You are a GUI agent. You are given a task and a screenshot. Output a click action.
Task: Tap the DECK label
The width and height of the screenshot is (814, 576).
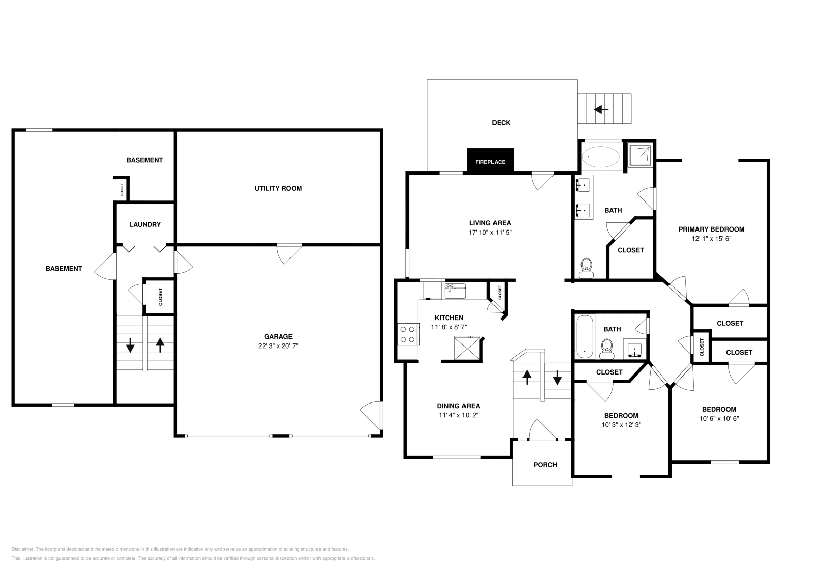501,123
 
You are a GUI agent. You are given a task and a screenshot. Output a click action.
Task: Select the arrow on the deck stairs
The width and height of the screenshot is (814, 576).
601,109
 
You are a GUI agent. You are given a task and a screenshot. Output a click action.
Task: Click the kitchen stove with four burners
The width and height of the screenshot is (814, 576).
407,334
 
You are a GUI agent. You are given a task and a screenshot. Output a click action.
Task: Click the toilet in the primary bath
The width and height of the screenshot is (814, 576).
587,267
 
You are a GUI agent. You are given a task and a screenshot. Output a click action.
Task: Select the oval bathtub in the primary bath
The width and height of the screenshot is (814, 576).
600,157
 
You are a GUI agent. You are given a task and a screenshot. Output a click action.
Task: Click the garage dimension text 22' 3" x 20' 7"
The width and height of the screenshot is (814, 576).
278,346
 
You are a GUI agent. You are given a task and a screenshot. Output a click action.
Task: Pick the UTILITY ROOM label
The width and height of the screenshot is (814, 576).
278,188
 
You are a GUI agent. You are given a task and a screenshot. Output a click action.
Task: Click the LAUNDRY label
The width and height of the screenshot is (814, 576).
145,224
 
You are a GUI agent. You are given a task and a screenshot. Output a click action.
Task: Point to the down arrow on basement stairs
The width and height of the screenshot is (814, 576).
130,346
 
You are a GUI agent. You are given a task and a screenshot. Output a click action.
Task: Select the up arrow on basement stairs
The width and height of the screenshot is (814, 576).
160,345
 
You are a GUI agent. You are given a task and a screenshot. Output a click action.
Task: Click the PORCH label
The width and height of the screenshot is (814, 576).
545,465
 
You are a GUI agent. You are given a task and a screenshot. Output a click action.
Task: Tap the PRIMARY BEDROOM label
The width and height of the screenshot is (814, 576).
711,229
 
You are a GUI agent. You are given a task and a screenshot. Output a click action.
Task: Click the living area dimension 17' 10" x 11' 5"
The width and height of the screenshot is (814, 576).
490,232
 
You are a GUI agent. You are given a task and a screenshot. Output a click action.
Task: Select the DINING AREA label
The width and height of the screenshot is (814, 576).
458,406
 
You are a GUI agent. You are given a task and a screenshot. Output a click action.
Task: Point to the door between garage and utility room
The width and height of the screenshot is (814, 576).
289,253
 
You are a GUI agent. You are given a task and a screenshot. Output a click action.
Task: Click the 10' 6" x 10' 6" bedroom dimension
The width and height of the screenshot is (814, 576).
719,419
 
